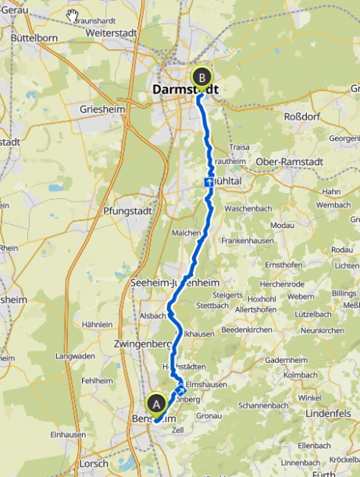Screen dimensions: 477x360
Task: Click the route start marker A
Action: coord(157,404)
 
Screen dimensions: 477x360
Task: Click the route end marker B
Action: coord(202,77)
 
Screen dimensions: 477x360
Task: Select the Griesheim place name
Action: coord(102,110)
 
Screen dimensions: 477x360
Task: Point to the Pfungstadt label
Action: coord(126,211)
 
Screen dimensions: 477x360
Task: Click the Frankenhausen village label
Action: coord(248,242)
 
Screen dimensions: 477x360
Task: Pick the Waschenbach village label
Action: coord(247,210)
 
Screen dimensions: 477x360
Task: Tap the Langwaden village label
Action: coord(77,356)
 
